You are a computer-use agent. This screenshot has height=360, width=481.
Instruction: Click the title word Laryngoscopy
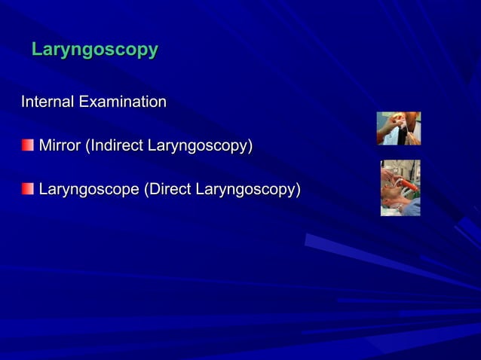[95, 50]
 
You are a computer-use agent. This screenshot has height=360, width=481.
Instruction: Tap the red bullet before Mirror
[27, 145]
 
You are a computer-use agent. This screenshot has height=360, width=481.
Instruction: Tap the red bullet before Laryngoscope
[27, 188]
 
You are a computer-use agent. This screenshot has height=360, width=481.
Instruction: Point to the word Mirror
[60, 145]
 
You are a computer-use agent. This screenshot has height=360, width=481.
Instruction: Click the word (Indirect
[115, 145]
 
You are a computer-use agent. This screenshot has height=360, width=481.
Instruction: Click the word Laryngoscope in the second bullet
[89, 189]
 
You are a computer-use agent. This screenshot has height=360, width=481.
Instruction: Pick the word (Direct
[167, 189]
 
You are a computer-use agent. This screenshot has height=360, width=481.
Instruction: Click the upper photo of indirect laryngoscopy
[398, 128]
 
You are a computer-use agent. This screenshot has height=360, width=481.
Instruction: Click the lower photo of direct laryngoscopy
[400, 188]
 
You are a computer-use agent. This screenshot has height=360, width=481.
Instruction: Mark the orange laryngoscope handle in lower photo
[400, 182]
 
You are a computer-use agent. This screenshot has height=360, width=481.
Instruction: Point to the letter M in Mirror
[44, 145]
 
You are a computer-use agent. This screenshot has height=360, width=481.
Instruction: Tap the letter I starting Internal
[23, 101]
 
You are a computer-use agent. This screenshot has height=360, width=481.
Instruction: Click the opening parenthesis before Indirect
[87, 145]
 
